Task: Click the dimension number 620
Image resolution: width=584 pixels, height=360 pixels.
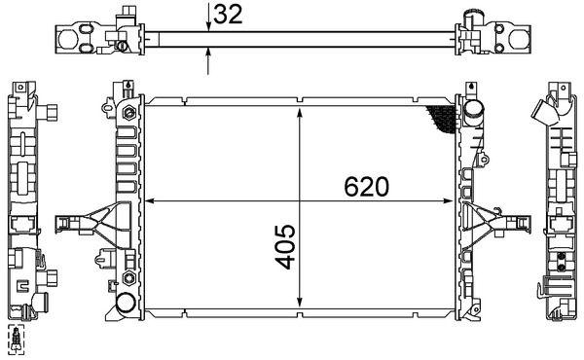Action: click(x=366, y=186)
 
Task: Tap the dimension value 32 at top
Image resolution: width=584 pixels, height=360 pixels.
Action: click(x=228, y=16)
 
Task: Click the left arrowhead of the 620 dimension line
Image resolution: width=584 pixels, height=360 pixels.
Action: click(x=149, y=202)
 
